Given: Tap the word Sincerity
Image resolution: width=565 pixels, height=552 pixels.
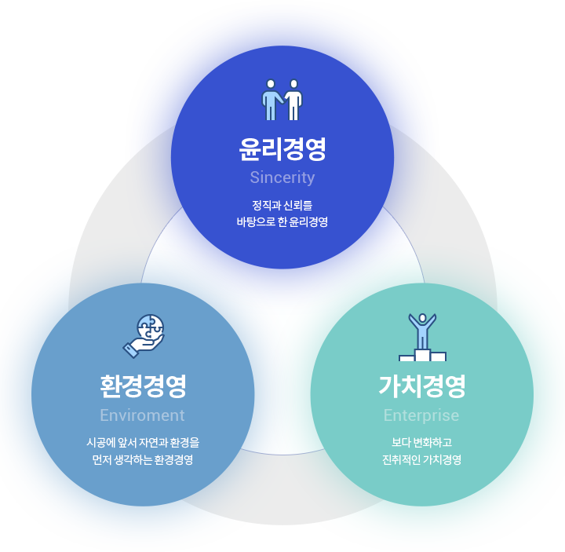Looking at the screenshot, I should pos(282,177).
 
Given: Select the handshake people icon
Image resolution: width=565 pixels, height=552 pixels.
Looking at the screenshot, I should pos(282,100).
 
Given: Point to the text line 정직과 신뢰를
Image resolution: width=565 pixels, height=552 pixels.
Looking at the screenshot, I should pos(282,206).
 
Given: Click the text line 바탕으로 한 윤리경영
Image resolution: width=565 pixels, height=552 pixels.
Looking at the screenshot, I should pos(282,221).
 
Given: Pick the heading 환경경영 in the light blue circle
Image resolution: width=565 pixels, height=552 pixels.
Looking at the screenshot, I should pos(143,386).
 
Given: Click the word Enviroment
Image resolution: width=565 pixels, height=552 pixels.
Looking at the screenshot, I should pos(142,415).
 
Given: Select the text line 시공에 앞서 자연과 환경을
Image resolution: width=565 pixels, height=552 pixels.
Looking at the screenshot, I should pos(143,443).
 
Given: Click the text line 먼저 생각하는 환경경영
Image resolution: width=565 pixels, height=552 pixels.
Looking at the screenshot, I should pos(143,459).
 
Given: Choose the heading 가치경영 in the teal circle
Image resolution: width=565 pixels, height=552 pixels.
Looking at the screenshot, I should pos(422,386).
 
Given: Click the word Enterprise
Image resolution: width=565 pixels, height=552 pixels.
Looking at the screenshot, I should pos(421,415).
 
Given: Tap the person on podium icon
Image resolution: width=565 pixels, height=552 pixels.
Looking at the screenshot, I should pos(422,337).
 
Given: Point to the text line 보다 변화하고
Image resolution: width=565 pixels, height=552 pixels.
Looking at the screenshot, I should pos(422,443).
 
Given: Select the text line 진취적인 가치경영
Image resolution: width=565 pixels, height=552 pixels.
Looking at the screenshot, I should pos(422,459).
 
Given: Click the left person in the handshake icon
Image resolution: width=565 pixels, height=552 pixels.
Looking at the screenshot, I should pos(271,101).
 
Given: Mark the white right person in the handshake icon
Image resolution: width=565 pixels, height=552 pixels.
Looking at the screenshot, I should pos(294,101).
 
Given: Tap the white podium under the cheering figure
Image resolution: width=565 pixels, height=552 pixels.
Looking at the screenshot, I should pos(422,355).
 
